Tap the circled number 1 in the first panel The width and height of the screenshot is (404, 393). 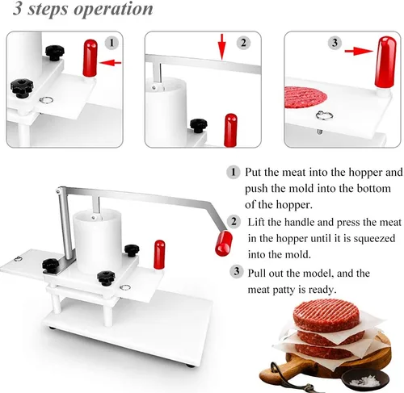[112, 43]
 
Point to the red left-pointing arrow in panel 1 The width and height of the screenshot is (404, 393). [116, 61]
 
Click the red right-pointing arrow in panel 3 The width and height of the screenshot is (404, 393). [354, 50]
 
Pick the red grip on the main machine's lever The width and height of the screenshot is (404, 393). [221, 239]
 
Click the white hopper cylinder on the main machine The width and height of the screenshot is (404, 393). [99, 239]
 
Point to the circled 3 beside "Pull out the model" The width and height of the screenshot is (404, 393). [237, 272]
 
